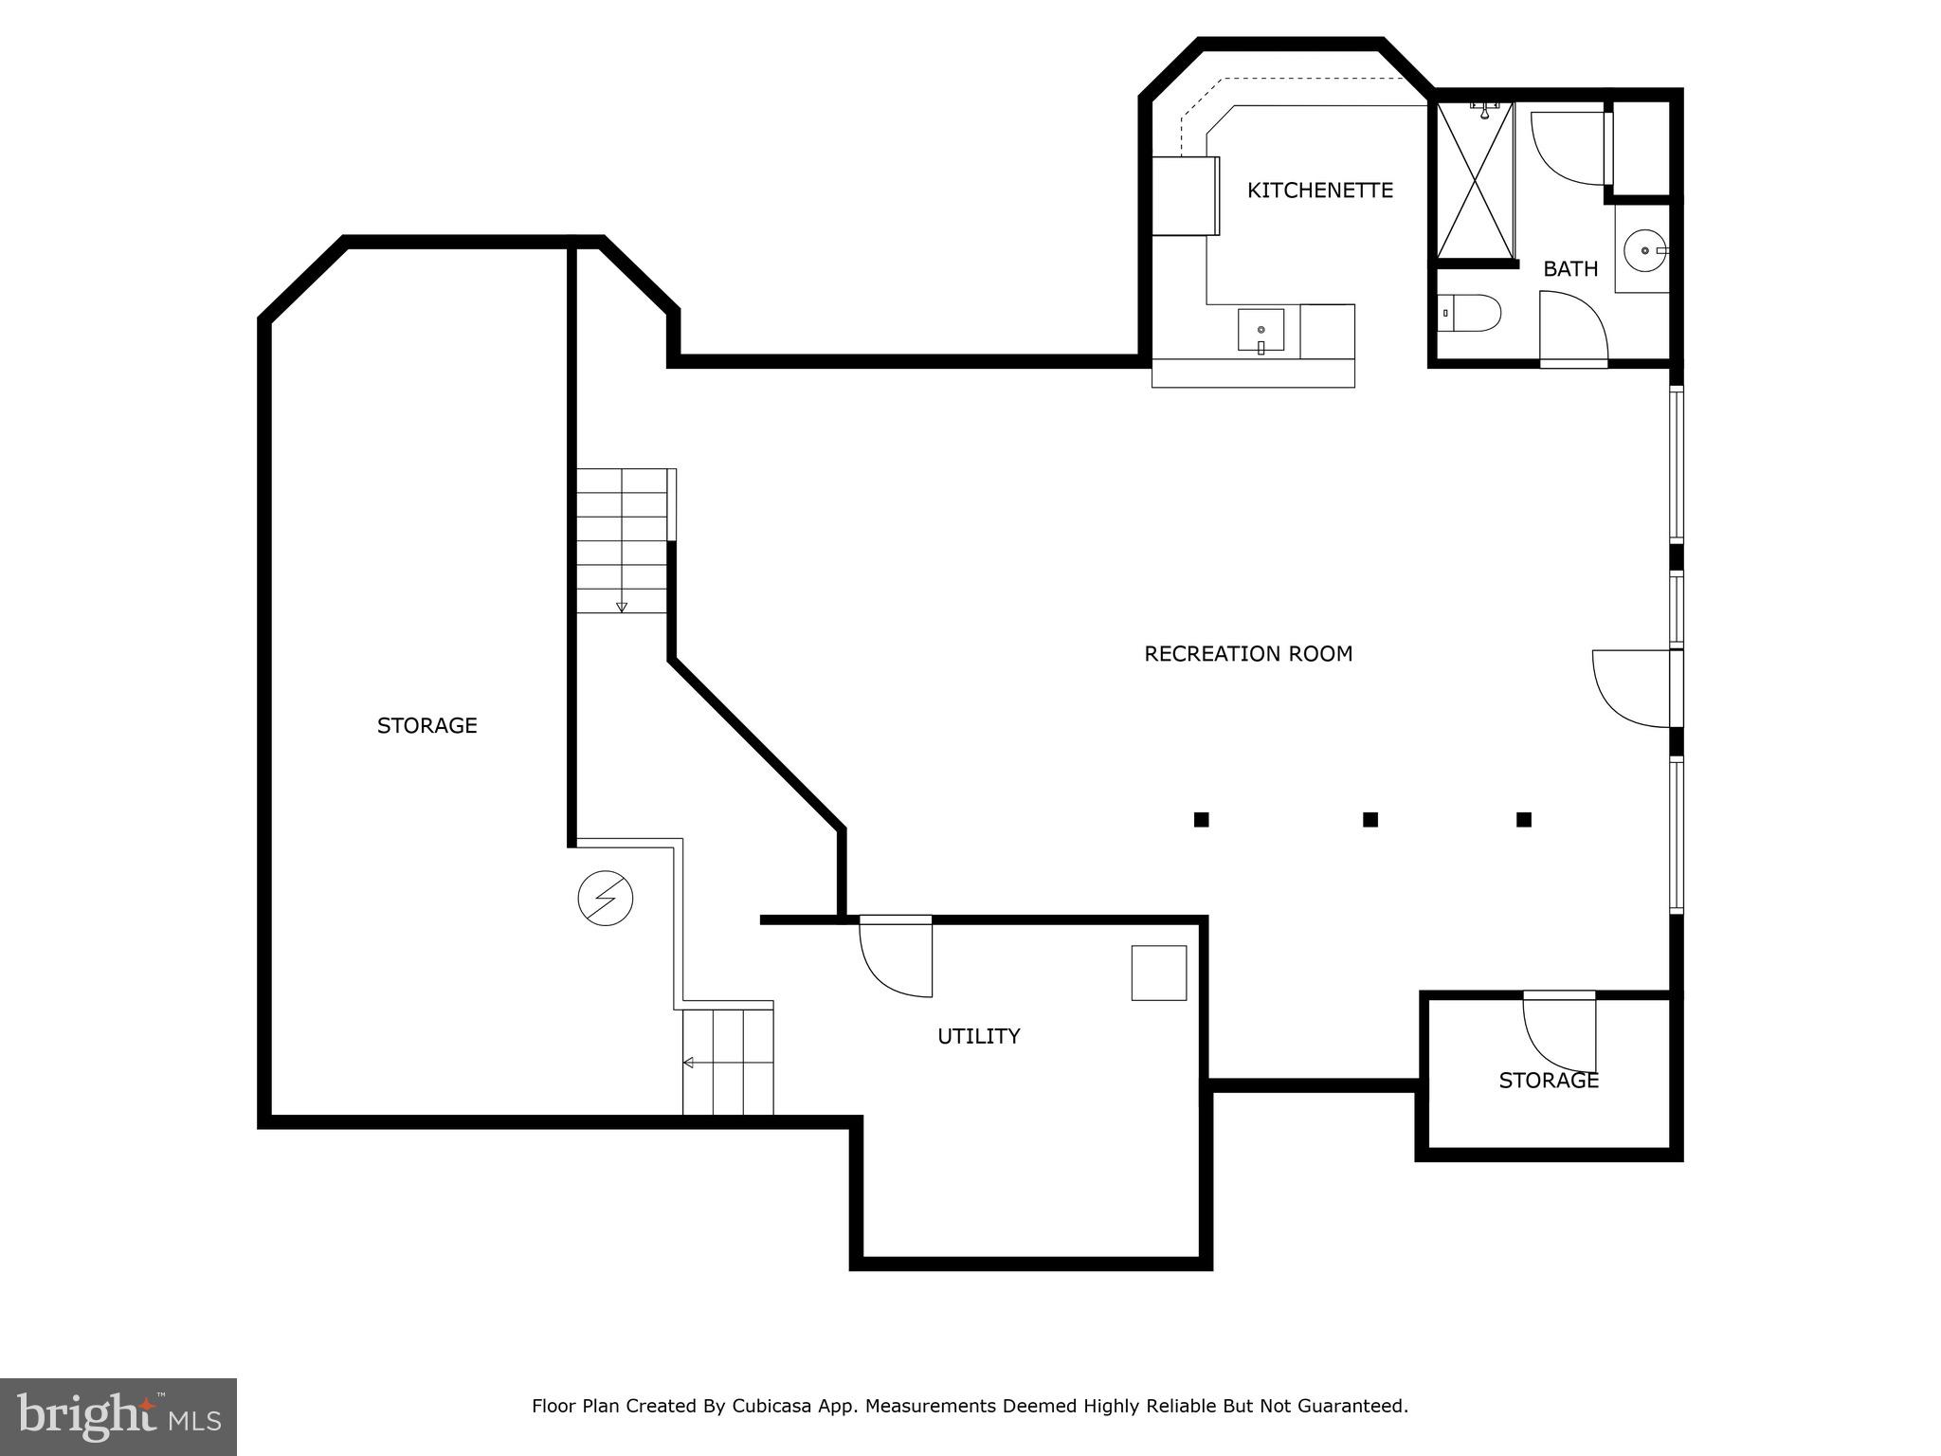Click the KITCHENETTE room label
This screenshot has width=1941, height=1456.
pyautogui.click(x=1319, y=191)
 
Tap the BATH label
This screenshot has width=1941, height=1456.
pyautogui.click(x=1570, y=269)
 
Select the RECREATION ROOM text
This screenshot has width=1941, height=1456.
pyautogui.click(x=1247, y=654)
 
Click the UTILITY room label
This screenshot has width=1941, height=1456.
pyautogui.click(x=978, y=1036)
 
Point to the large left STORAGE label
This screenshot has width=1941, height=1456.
pyautogui.click(x=426, y=726)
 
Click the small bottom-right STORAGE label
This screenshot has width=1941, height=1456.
pyautogui.click(x=1549, y=1081)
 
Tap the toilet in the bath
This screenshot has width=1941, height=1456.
pyautogui.click(x=1470, y=313)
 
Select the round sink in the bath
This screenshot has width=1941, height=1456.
pyautogui.click(x=1644, y=251)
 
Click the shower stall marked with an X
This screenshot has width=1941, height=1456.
pyautogui.click(x=1476, y=180)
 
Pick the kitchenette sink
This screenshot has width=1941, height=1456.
pyautogui.click(x=1261, y=330)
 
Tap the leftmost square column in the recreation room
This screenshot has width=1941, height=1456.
pyautogui.click(x=1201, y=820)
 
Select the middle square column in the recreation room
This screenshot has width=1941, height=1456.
pyautogui.click(x=1370, y=820)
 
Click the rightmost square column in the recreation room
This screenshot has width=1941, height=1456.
pyautogui.click(x=1524, y=820)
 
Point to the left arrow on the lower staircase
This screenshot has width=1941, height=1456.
pyautogui.click(x=689, y=1063)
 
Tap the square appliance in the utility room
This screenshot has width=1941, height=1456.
pyautogui.click(x=1158, y=973)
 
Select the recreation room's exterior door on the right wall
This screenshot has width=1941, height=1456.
pyautogui.click(x=1632, y=688)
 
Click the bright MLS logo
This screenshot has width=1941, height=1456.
pyautogui.click(x=118, y=1416)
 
